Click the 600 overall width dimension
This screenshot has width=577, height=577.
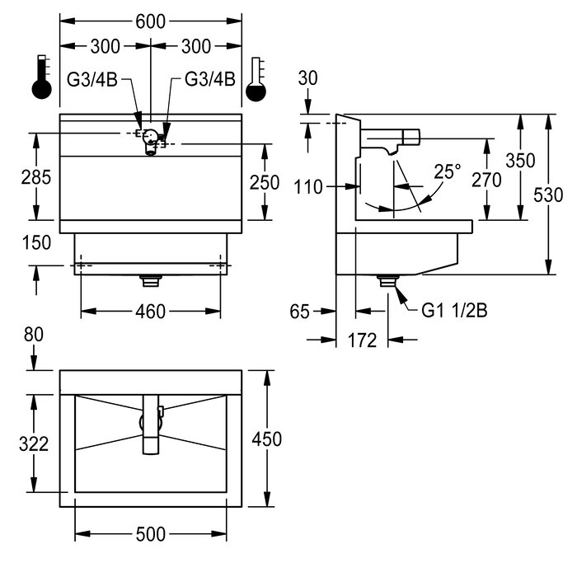pyautogui.click(x=150, y=24)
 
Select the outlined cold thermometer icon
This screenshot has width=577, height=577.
pyautogui.click(x=257, y=78)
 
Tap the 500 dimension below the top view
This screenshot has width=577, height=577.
pyautogui.click(x=150, y=534)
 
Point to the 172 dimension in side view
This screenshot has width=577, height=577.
pyautogui.click(x=364, y=339)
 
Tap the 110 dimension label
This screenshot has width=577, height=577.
pyautogui.click(x=308, y=186)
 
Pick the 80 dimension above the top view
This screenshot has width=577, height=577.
pyautogui.click(x=32, y=335)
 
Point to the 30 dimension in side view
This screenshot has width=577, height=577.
pyautogui.click(x=308, y=77)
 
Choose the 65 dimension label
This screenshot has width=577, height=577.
pyautogui.click(x=301, y=311)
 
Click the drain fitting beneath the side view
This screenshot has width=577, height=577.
pyautogui.click(x=386, y=280)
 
